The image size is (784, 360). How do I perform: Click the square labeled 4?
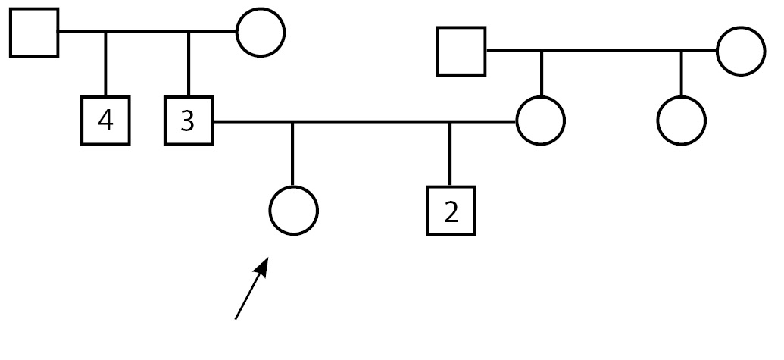coord(105,121)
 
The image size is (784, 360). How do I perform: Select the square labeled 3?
coord(189,121)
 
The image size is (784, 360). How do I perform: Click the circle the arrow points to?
coord(294,211)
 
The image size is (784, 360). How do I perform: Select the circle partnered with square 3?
coord(541,121)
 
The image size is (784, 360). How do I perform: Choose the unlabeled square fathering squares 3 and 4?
coord(34,33)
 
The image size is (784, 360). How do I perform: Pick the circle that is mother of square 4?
coord(261,33)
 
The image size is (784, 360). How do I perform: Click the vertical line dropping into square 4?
coord(105,64)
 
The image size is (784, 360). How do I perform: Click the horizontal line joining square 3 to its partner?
coord(364,121)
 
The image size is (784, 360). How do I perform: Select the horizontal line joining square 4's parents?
coord(148,33)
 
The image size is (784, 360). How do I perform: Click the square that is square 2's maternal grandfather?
coord(461,51)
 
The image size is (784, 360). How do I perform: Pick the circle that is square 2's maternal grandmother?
coord(740,51)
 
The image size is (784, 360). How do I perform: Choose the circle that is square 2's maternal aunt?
coord(681,121)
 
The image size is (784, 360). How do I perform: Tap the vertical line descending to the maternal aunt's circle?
coord(681,74)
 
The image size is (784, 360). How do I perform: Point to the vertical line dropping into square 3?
coord(189,64)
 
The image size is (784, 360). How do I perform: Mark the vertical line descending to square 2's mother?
coord(541,74)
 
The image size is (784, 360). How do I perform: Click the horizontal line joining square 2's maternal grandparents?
coord(606,51)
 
